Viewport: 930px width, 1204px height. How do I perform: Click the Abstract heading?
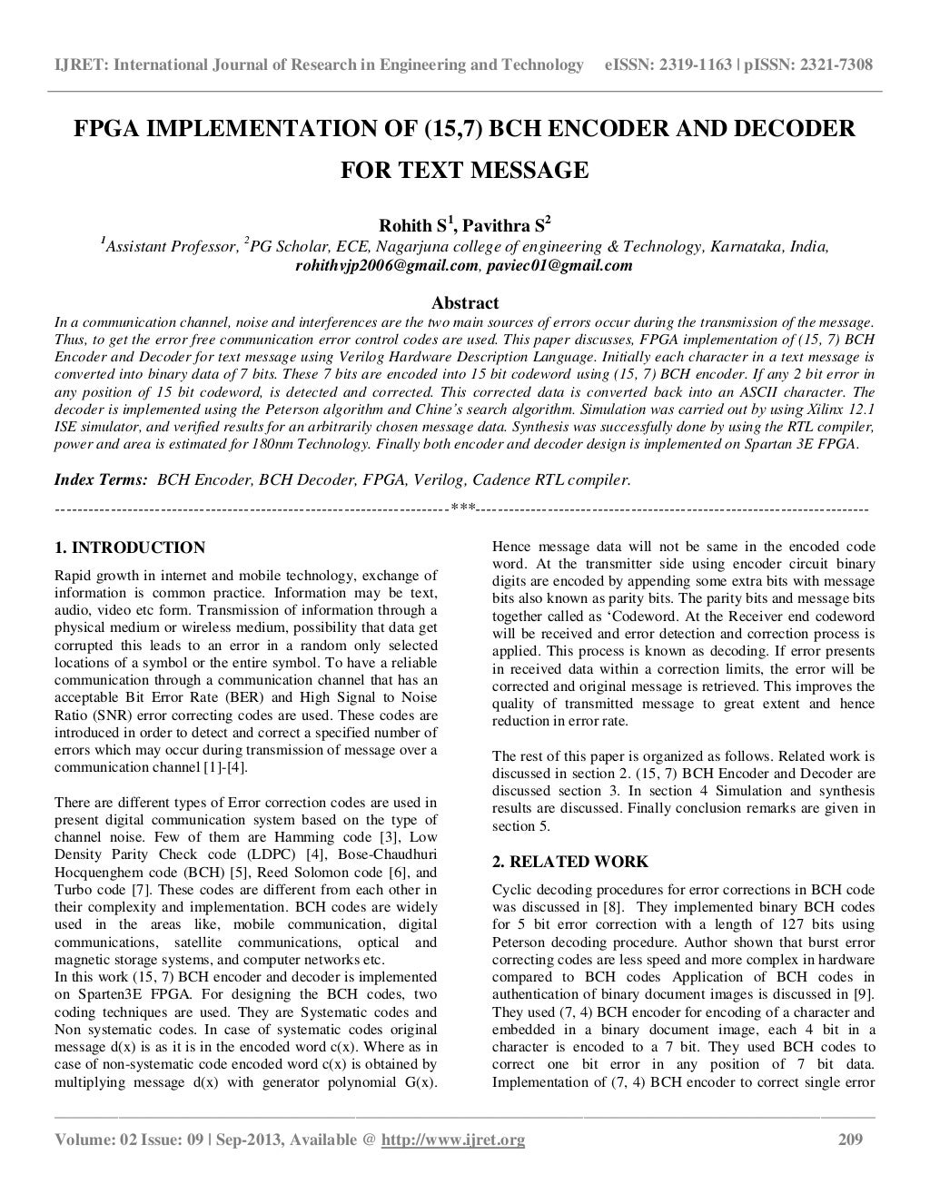pos(464,302)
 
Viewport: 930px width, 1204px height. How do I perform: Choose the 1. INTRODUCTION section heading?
pos(130,548)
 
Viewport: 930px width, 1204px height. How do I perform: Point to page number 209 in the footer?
pos(848,1140)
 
